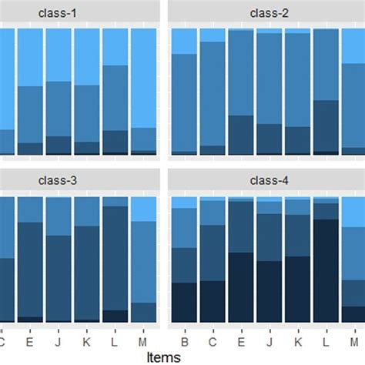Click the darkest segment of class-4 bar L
(x=326, y=270)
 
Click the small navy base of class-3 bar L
(x=116, y=316)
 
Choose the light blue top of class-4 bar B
(x=184, y=203)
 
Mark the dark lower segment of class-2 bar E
(x=241, y=135)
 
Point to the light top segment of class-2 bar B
(x=184, y=42)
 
